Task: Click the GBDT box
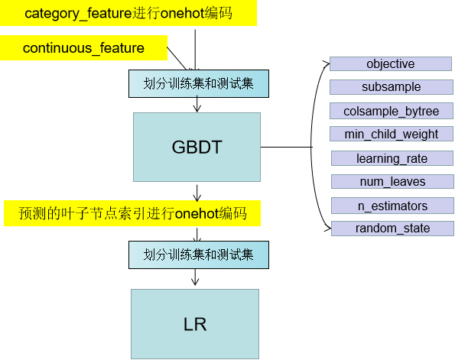[x=197, y=148]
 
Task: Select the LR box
[x=195, y=324]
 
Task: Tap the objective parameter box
[x=390, y=64]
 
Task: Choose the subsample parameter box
[x=392, y=87]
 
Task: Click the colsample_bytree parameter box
[x=391, y=111]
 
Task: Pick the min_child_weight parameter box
[x=391, y=135]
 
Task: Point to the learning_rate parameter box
[x=392, y=158]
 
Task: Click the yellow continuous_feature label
[x=83, y=48]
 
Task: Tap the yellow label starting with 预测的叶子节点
[x=131, y=213]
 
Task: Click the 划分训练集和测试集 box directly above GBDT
[x=199, y=84]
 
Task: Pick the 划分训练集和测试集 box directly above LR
[x=199, y=255]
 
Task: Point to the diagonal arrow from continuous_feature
[x=177, y=57]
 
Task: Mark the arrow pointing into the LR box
[x=198, y=279]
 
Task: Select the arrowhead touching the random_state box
[x=327, y=227]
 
